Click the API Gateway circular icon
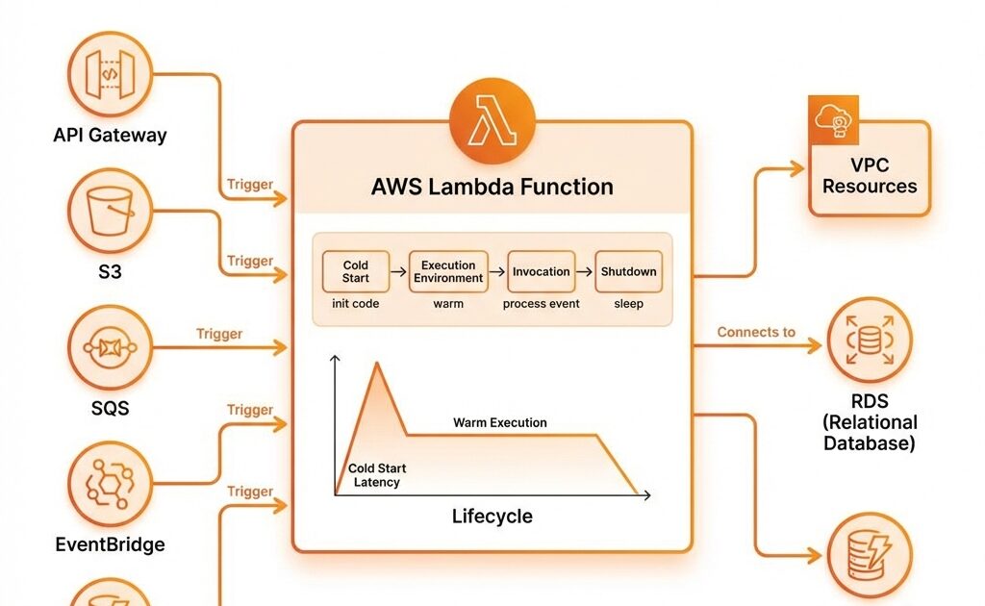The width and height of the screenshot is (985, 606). (x=110, y=73)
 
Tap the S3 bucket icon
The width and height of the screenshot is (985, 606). (x=110, y=211)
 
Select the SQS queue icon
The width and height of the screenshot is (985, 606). (x=110, y=347)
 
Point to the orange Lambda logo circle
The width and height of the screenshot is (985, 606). (x=492, y=124)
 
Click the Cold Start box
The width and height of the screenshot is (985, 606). (x=356, y=271)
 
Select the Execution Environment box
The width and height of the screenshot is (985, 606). (x=448, y=271)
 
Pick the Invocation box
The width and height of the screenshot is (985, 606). (x=541, y=271)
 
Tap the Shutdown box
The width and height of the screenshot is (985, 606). (x=628, y=271)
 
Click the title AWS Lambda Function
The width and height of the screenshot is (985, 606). (x=492, y=187)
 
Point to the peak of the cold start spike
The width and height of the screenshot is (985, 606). (x=377, y=363)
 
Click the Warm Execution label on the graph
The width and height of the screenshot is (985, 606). (x=499, y=422)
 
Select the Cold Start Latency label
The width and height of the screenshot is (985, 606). (x=376, y=475)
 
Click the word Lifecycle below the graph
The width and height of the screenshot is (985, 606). (x=492, y=517)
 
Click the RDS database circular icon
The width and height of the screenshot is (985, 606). (x=869, y=340)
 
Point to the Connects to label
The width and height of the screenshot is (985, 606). (x=756, y=332)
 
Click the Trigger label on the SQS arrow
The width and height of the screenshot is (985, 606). (x=219, y=334)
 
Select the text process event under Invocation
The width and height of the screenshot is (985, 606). (x=541, y=304)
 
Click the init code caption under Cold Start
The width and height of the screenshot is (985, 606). (x=355, y=304)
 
